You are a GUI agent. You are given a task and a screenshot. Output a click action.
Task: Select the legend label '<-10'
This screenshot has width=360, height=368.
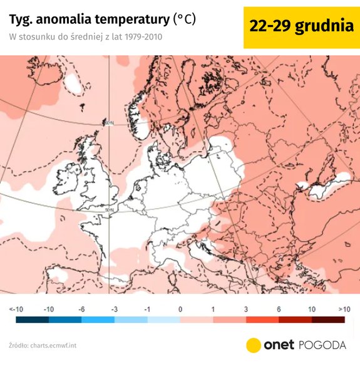[x=16, y=309]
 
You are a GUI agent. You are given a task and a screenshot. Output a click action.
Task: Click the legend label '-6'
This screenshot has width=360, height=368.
[x=81, y=309]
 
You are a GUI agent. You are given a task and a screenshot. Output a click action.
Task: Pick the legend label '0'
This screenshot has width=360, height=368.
[x=180, y=309]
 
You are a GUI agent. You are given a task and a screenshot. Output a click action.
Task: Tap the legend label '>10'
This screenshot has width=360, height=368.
[x=344, y=309]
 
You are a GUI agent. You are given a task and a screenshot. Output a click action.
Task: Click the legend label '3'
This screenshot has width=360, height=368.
[x=246, y=309]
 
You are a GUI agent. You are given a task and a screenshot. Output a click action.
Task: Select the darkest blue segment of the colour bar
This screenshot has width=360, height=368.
[x=33, y=320]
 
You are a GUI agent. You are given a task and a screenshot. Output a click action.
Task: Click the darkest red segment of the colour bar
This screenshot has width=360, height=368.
[x=328, y=320]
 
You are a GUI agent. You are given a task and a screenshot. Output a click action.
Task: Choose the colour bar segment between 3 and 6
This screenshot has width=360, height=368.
[x=262, y=320]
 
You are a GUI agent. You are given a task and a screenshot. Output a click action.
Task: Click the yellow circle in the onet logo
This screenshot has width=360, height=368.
[x=254, y=345]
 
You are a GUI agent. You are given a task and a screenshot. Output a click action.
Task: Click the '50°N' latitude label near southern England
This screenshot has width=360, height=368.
[x=110, y=209]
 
